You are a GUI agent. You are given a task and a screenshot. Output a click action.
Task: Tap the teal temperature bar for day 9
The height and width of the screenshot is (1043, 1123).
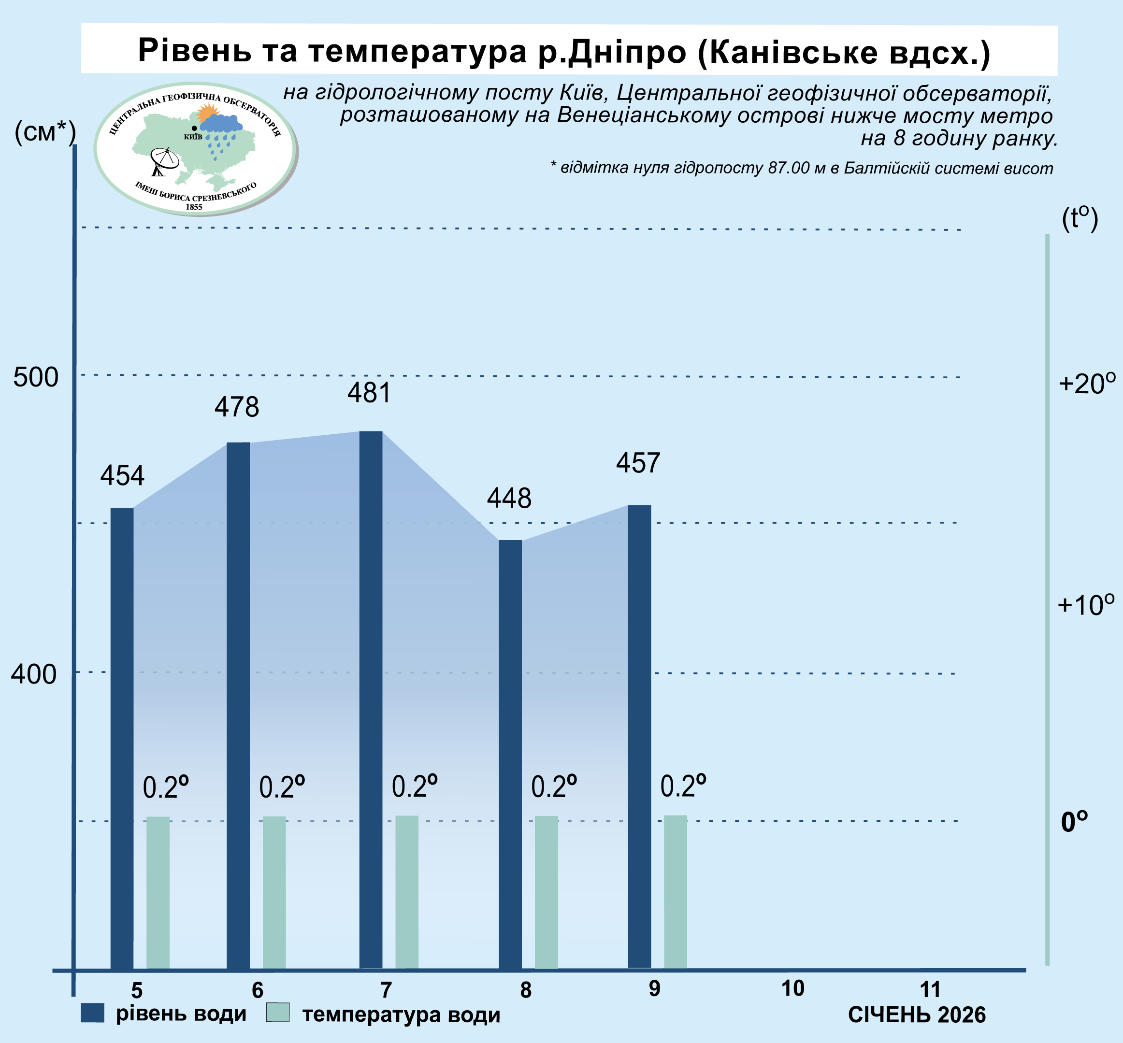pyautogui.click(x=675, y=892)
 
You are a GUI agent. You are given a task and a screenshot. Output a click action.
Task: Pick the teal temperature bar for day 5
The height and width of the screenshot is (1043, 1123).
pyautogui.click(x=158, y=892)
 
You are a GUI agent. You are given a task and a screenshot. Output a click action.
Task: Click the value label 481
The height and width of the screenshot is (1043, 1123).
pyautogui.click(x=369, y=393)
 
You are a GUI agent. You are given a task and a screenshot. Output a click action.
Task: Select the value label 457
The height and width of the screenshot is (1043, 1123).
pyautogui.click(x=637, y=463)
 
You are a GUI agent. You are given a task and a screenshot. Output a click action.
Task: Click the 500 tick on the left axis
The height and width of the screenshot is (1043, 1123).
pyautogui.click(x=36, y=377)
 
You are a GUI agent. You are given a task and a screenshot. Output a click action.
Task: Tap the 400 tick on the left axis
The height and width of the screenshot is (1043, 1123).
pyautogui.click(x=34, y=674)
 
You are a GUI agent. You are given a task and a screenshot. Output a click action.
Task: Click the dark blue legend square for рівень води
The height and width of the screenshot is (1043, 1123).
pyautogui.click(x=93, y=1013)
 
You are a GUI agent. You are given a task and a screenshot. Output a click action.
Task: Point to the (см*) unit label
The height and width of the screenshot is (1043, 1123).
pyautogui.click(x=45, y=133)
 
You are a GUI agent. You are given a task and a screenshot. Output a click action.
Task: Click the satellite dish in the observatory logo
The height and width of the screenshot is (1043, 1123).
pyautogui.click(x=164, y=161)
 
